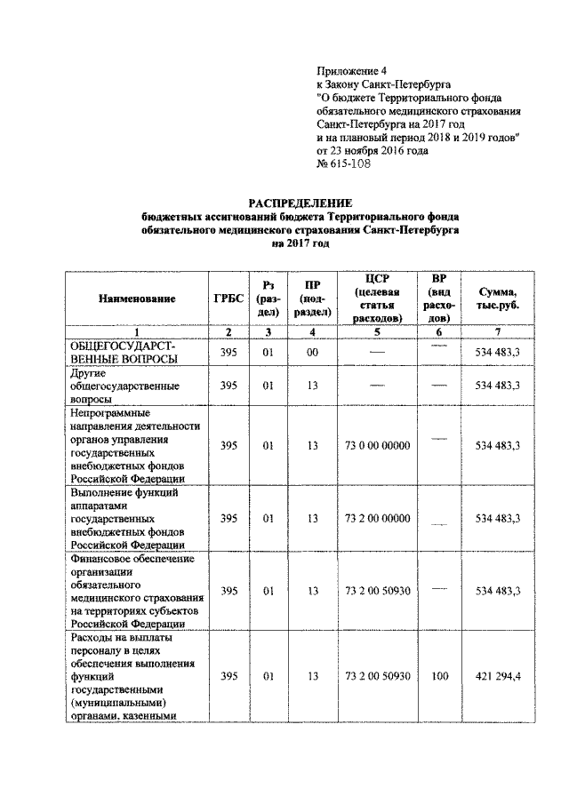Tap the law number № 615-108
(x=342, y=163)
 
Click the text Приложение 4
(x=352, y=70)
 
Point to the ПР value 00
(x=312, y=353)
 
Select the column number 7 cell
(x=498, y=331)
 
